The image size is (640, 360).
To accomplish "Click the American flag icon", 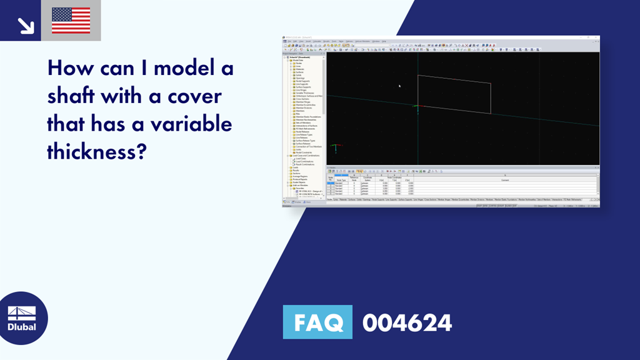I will tap(71, 21).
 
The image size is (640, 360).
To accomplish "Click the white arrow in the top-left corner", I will tap(25, 25).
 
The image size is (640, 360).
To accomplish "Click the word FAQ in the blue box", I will tap(317, 322).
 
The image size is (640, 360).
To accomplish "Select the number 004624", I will tap(407, 322).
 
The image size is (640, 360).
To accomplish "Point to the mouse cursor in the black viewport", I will tap(399, 86).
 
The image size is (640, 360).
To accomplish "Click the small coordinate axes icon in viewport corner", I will tap(335, 149).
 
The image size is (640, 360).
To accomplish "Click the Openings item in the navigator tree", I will tap(299, 77).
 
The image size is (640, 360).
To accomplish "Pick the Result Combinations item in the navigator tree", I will tap(306, 164).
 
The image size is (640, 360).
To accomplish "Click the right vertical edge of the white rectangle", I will tap(491, 99).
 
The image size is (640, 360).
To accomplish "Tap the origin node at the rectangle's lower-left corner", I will tap(417, 107).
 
